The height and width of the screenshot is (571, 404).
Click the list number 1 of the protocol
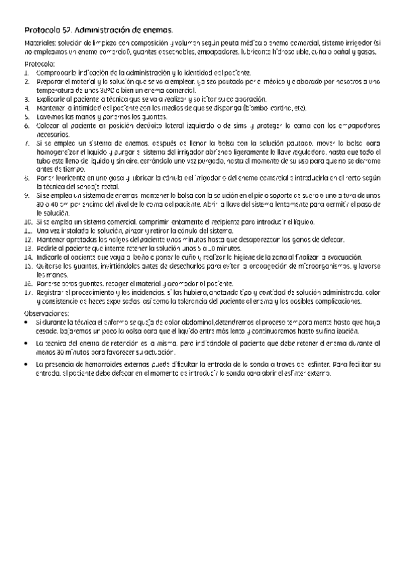26,72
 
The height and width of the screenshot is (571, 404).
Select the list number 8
26,177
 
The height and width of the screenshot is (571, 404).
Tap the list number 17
28,274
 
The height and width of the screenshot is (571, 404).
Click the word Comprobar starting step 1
53,72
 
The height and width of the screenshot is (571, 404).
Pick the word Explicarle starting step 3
51,98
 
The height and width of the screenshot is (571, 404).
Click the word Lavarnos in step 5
50,116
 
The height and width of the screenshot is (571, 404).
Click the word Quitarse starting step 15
49,265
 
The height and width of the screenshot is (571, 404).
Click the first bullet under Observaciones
26,304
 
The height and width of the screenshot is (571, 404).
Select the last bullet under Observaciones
26,364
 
